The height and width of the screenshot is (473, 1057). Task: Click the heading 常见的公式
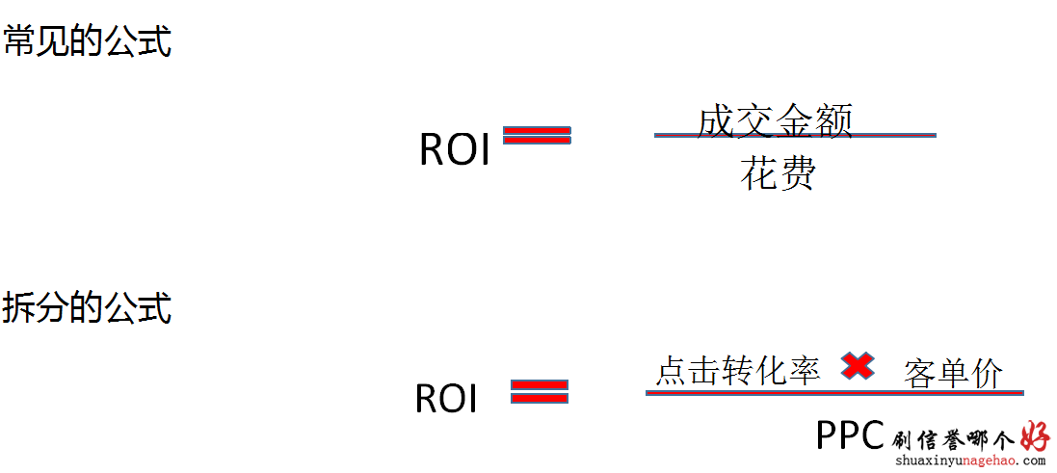[x=87, y=41]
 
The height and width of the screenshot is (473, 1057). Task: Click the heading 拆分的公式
[x=87, y=308]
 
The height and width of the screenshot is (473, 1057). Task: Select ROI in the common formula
[x=455, y=149]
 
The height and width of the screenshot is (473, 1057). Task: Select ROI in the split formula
[x=446, y=398]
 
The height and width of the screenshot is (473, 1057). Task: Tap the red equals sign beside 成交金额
[x=538, y=136]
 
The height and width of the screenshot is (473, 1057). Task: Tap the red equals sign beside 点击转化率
[x=540, y=391]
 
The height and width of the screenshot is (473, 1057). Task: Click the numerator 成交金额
[x=776, y=122]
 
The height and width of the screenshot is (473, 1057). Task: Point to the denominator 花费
[x=778, y=173]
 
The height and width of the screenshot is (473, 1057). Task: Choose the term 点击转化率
[x=738, y=371]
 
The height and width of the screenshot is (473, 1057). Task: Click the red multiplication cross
[x=859, y=366]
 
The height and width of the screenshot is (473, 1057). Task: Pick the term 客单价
[x=953, y=373]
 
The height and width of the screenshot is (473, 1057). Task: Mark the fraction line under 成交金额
[x=796, y=136]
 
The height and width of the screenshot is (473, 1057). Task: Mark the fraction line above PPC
[x=834, y=392]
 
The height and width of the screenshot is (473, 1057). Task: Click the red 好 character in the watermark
[x=1036, y=437]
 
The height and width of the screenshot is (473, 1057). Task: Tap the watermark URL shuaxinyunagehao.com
[x=970, y=461]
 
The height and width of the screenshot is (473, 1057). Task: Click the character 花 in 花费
[x=759, y=173]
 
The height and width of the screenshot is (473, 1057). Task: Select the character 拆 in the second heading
[x=19, y=308]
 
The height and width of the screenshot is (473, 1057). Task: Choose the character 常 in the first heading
[x=19, y=41]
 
